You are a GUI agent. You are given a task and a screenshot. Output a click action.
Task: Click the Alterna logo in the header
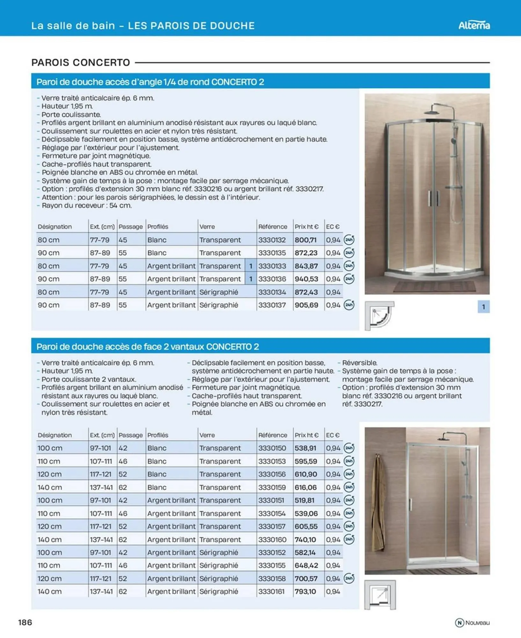pos(474,25)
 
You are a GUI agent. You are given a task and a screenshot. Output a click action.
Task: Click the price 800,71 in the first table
pos(305,240)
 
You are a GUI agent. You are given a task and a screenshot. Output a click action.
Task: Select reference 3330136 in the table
pos(272,279)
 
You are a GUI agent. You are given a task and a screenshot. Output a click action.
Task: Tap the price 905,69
pos(306,305)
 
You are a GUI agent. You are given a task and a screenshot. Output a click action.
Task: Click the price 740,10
pos(305,540)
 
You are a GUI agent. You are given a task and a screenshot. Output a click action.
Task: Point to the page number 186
pos(25,622)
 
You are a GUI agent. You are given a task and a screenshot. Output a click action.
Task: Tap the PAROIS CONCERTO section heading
pos(81,63)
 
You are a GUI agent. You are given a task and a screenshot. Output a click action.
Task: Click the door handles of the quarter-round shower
pos(434,198)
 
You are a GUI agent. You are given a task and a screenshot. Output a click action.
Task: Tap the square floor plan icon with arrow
pos(380,595)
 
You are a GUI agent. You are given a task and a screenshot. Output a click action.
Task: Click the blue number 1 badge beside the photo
pos(483,307)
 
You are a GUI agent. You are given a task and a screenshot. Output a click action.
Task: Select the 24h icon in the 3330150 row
pos(349,448)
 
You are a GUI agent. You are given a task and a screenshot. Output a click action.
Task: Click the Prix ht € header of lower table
pos(306,435)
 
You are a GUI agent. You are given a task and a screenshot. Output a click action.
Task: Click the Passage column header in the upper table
pos(130,227)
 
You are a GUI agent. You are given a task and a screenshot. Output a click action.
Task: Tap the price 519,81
pos(304,501)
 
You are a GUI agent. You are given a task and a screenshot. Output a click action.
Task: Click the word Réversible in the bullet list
pos(359,363)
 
